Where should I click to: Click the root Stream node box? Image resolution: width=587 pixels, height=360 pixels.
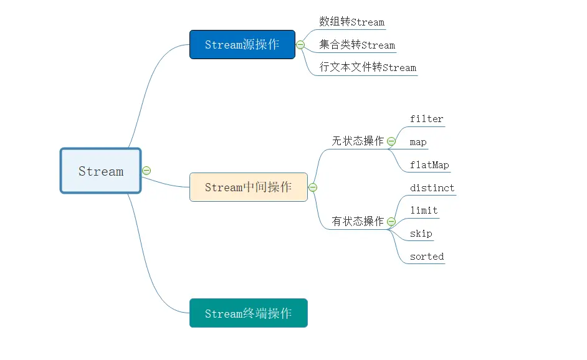[100, 171]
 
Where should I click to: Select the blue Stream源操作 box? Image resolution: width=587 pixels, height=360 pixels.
[242, 44]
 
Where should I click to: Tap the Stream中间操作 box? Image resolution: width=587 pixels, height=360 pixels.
[248, 187]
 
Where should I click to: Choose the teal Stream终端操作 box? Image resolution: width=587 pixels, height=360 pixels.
[248, 313]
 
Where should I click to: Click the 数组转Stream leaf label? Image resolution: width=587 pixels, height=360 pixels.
[351, 22]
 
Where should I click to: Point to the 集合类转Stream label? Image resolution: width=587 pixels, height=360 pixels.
[357, 45]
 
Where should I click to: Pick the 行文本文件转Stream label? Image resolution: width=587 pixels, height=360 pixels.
[368, 67]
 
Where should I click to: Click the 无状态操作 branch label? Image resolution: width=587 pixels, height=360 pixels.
[358, 141]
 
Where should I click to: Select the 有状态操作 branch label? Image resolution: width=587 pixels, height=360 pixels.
[358, 221]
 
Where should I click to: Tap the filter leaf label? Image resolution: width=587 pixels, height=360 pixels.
[427, 119]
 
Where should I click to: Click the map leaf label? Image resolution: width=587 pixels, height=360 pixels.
[418, 142]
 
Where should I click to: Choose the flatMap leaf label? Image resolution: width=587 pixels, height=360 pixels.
[429, 165]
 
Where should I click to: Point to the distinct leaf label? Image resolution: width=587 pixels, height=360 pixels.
[432, 188]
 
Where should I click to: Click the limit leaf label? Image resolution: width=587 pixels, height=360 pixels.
[424, 211]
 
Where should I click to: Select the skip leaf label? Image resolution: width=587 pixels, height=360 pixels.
[421, 234]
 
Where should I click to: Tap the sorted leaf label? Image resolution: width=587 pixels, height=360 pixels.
[427, 257]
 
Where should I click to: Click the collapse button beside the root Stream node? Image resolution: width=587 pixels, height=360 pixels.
[146, 170]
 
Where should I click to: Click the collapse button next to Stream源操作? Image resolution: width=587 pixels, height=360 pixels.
[300, 45]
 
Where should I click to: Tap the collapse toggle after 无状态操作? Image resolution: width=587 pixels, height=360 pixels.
[391, 141]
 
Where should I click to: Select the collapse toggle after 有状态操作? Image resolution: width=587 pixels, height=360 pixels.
[391, 221]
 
